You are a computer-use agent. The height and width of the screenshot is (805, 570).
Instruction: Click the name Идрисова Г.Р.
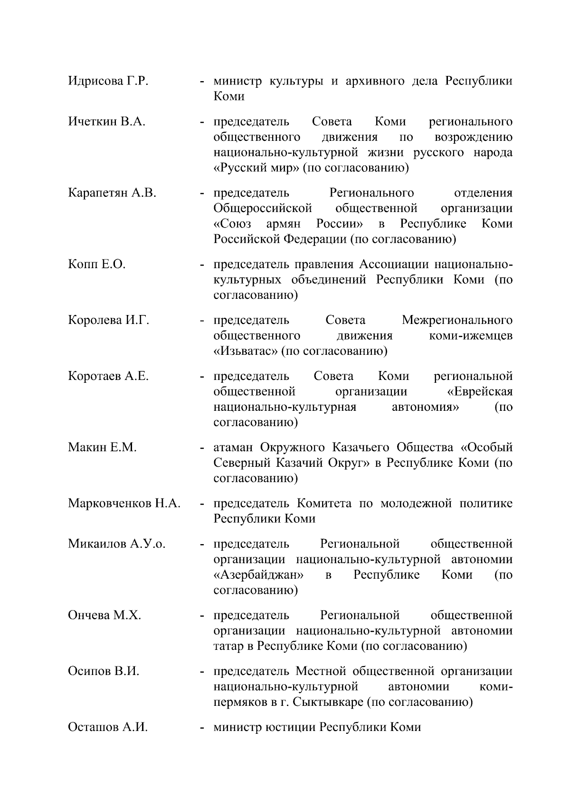[x=108, y=81]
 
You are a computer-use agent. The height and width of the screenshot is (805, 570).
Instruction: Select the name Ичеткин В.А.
[x=106, y=122]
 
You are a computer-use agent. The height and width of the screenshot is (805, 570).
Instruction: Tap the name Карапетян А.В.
[x=112, y=193]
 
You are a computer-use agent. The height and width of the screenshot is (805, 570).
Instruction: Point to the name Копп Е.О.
[x=96, y=264]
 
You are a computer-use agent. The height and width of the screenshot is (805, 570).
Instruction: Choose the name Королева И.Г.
[x=108, y=320]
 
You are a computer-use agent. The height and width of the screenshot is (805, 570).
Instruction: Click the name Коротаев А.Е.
[x=108, y=376]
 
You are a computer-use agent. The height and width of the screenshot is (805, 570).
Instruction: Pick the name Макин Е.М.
[x=102, y=447]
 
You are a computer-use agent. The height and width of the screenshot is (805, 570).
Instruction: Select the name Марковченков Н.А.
[x=124, y=503]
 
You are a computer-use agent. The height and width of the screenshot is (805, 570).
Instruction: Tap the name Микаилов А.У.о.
[x=116, y=544]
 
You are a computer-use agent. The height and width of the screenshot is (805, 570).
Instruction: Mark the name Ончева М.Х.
[x=104, y=615]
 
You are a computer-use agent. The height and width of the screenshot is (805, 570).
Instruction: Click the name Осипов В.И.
[x=104, y=671]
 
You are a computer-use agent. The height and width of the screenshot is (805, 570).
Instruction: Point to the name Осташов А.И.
[x=108, y=727]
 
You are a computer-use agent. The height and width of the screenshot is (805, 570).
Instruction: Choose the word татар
[x=228, y=646]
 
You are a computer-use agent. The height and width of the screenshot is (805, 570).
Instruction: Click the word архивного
[x=379, y=81]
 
